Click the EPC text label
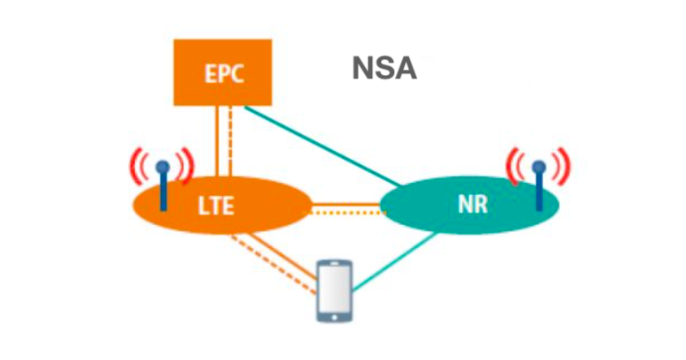pos(224,73)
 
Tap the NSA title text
pos(384,69)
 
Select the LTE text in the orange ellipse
pos(216,206)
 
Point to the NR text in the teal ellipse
pos(473,204)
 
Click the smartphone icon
pos(335,291)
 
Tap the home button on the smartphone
pos(335,317)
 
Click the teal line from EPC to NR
pos(322,146)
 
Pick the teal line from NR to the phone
pos(395,261)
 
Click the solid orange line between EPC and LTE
pos(217,141)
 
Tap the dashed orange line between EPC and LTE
pos(230,141)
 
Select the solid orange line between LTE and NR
pos(347,204)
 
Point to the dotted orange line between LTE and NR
pos(347,213)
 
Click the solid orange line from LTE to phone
pos(282,257)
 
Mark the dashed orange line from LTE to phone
pos(274,265)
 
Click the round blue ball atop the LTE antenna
pos(163,167)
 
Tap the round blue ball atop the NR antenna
pos(539,167)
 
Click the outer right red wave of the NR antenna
pos(565,167)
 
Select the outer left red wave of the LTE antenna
pos(134,167)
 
